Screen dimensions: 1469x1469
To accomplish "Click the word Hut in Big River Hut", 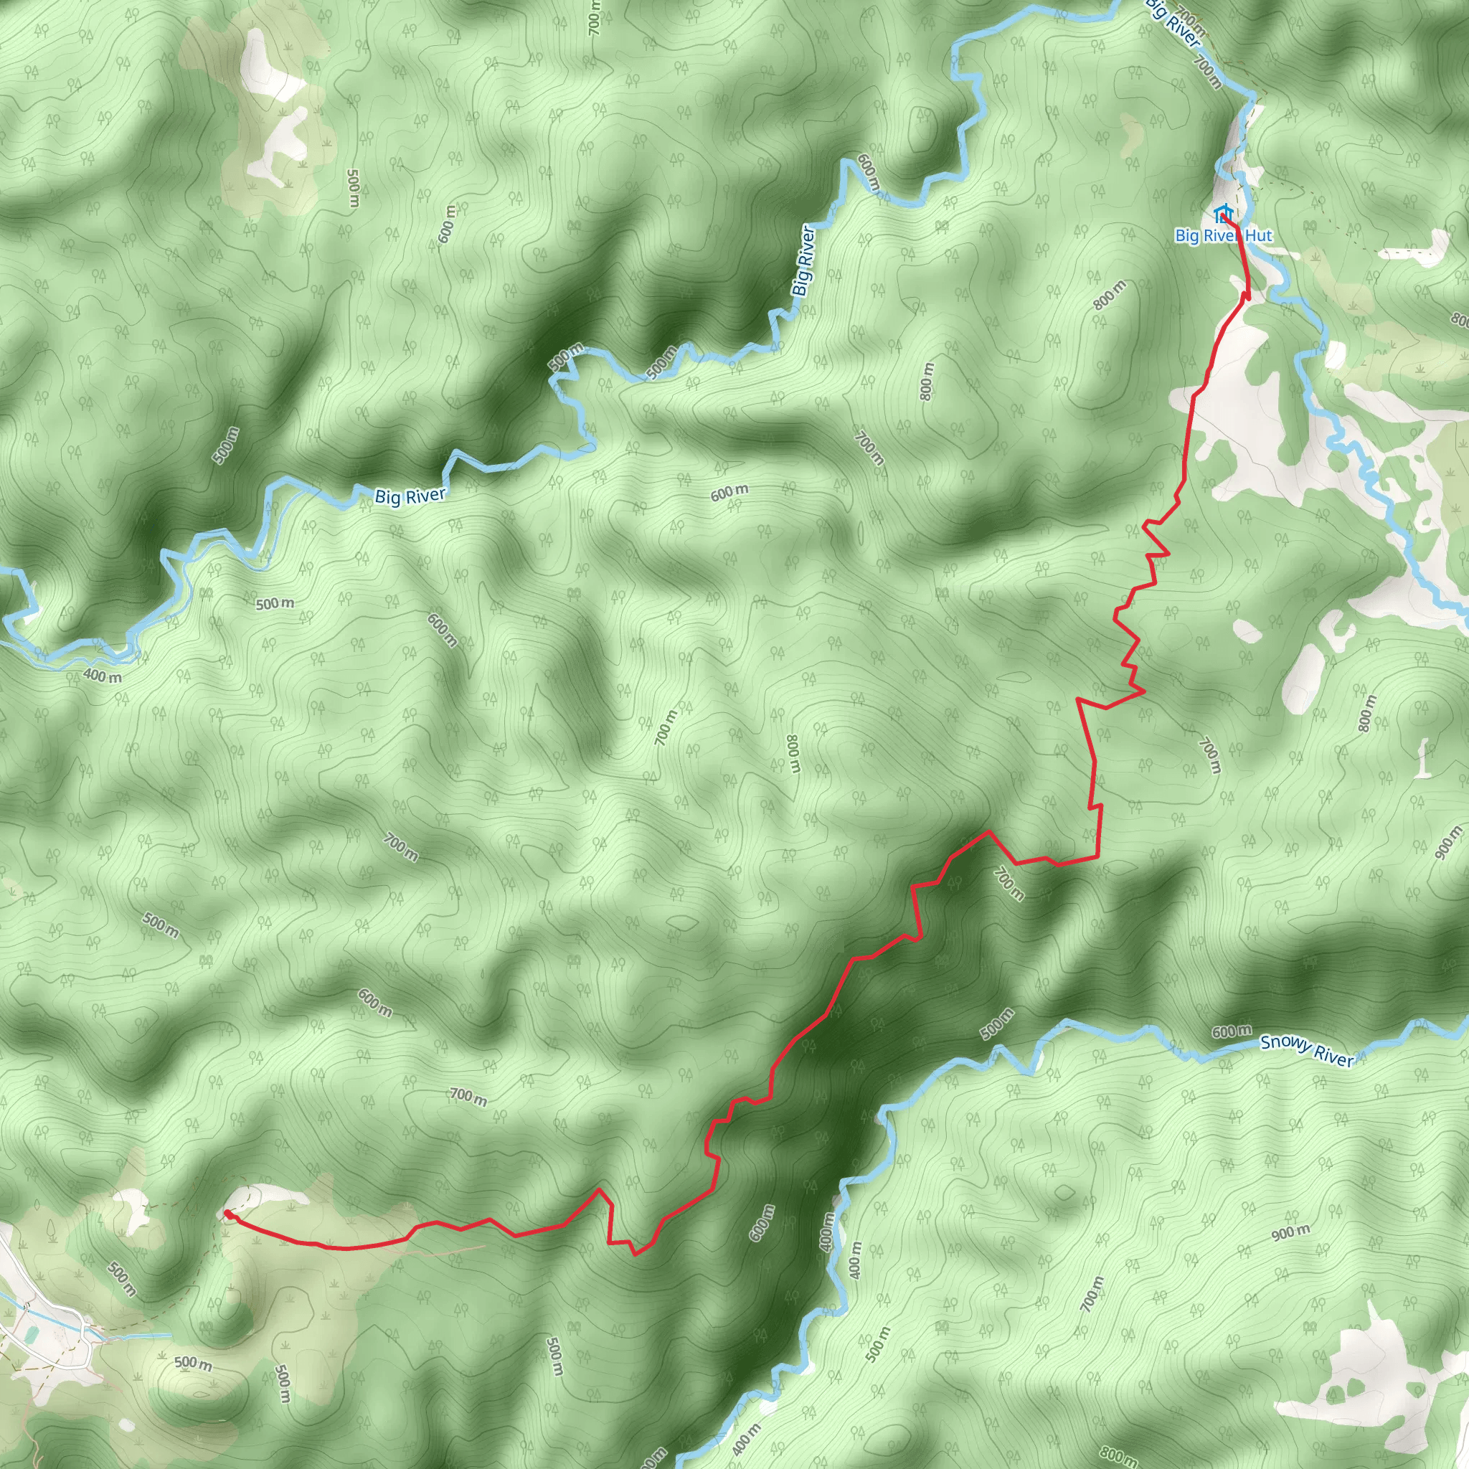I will (1258, 236).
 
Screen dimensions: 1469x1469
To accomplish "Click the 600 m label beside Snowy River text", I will (1231, 1031).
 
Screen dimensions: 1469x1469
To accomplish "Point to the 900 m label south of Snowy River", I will (1290, 1232).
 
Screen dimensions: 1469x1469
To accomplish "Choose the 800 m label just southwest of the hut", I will (1110, 295).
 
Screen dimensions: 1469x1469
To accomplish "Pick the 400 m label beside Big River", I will (102, 675).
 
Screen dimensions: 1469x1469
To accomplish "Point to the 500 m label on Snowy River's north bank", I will (998, 1024).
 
